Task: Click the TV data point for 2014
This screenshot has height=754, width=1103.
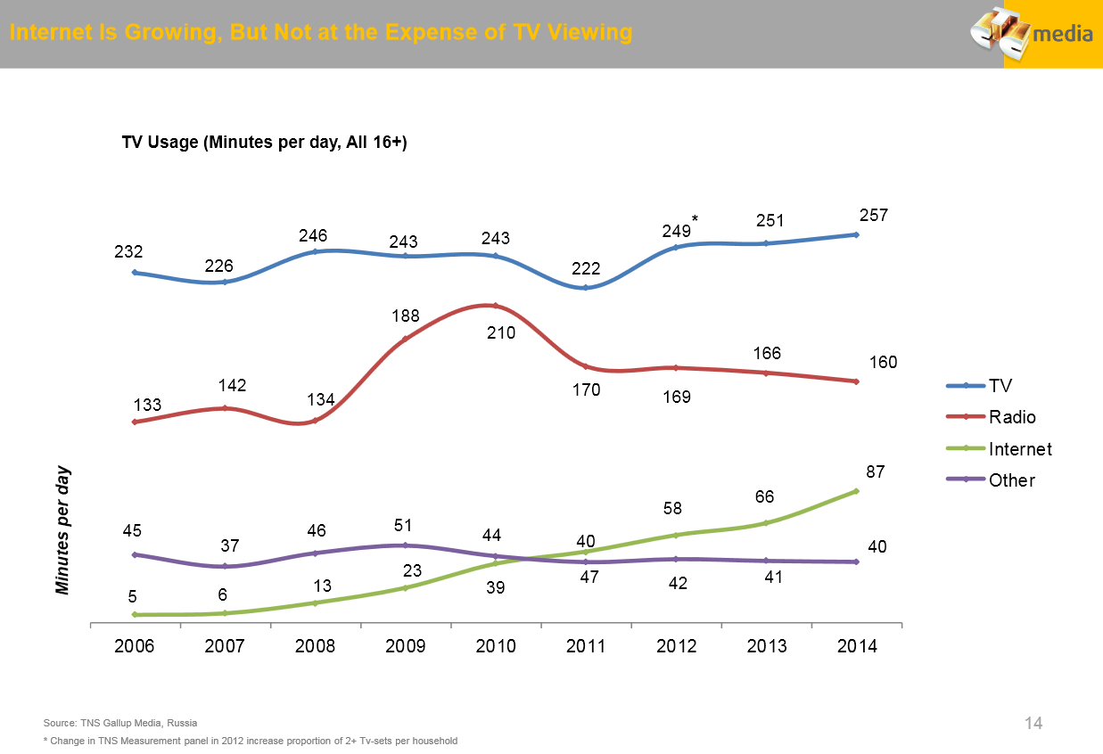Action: (856, 234)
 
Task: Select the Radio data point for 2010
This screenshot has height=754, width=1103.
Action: (496, 306)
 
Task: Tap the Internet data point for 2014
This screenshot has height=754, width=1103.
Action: (856, 491)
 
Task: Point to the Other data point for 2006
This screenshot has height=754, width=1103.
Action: (134, 554)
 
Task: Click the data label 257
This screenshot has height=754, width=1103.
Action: (874, 216)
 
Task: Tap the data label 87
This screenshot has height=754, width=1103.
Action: (874, 471)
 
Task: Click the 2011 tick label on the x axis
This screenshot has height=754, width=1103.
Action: (586, 647)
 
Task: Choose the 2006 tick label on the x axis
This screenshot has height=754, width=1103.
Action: (135, 647)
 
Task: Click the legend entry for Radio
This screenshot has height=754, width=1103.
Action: (1012, 417)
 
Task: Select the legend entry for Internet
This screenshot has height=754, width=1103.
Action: (1020, 449)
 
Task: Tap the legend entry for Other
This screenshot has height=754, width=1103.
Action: (1011, 480)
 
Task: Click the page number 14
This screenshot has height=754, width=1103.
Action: (1033, 723)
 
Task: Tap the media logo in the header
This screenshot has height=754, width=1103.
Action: (1033, 34)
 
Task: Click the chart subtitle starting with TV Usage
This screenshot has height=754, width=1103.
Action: (264, 143)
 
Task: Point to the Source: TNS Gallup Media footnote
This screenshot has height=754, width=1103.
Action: (120, 723)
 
